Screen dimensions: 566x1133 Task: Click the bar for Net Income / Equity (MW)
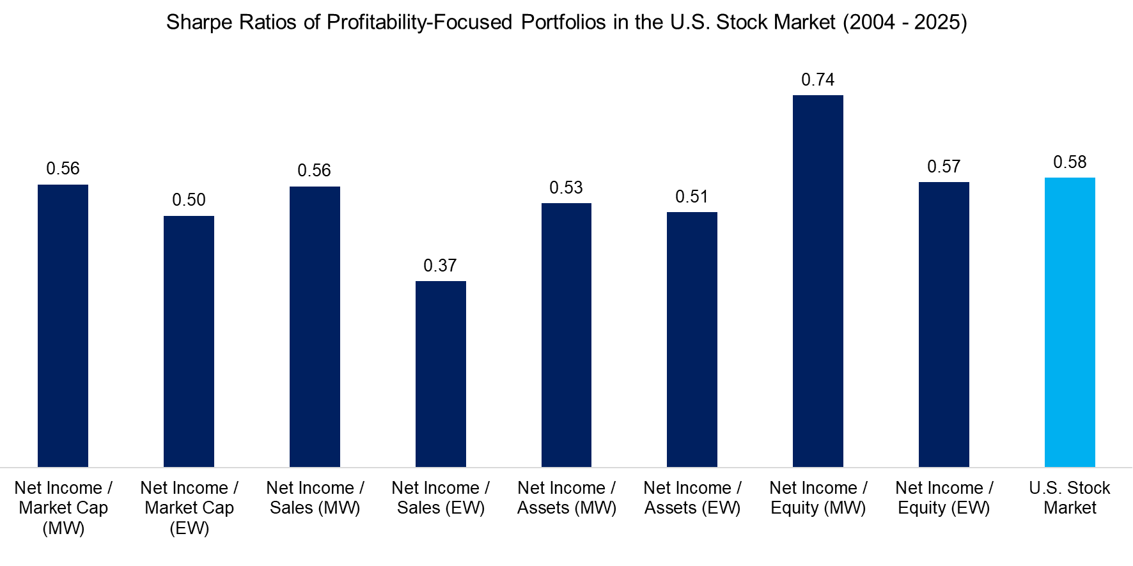pyautogui.click(x=818, y=281)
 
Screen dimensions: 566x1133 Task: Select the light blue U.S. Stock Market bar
pyautogui.click(x=1070, y=323)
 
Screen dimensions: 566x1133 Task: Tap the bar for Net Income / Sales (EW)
pyautogui.click(x=441, y=374)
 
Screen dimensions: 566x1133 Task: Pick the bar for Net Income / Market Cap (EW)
pyautogui.click(x=189, y=342)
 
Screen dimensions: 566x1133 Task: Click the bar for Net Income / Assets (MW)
pyautogui.click(x=566, y=335)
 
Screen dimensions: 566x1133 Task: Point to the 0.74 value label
pyautogui.click(x=818, y=80)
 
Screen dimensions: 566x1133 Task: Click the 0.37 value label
pyautogui.click(x=440, y=266)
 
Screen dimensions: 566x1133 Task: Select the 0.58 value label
pyautogui.click(x=1070, y=162)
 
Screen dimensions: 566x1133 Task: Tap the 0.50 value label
pyautogui.click(x=189, y=200)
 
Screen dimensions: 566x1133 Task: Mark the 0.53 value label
pyautogui.click(x=566, y=188)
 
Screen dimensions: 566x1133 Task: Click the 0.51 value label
pyautogui.click(x=692, y=197)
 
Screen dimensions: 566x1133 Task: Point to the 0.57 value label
pyautogui.click(x=944, y=167)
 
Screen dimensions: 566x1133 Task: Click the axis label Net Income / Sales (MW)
pyautogui.click(x=315, y=498)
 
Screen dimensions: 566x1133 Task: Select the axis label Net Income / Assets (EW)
pyautogui.click(x=692, y=498)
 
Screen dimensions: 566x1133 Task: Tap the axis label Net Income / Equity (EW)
pyautogui.click(x=944, y=498)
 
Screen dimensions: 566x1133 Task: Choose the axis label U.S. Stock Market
pyautogui.click(x=1070, y=498)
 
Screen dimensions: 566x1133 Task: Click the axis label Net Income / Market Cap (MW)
pyautogui.click(x=63, y=508)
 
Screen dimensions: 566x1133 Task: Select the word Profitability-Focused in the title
pyautogui.click(x=419, y=22)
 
